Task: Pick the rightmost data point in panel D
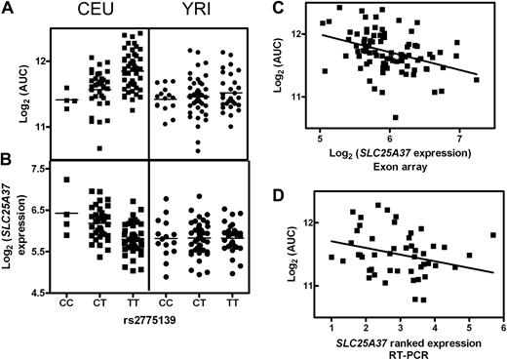tap(493, 235)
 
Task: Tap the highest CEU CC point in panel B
tap(67, 180)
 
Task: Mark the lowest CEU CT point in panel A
tap(100, 148)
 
